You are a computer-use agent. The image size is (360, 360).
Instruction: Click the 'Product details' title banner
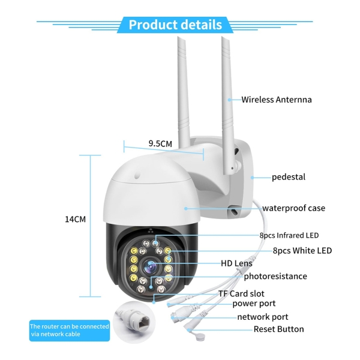[x=175, y=25]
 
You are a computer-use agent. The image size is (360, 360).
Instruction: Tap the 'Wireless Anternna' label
[x=277, y=100]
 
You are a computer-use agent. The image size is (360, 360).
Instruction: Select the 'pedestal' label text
[x=289, y=177]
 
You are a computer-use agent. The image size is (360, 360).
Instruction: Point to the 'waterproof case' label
[x=293, y=208]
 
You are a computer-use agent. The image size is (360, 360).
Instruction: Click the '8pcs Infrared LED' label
[x=289, y=235]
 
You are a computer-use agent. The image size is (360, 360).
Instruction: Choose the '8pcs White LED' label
[x=302, y=250]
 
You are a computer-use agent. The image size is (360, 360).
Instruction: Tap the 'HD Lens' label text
[x=236, y=263]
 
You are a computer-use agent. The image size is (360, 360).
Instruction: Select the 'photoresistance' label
[x=275, y=276]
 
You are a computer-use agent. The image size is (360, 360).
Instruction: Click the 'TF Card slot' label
[x=241, y=293]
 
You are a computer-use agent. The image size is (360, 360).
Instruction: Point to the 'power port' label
[x=254, y=304]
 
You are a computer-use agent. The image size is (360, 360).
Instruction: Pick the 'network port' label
[x=263, y=317]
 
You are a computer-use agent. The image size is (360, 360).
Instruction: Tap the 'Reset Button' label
[x=279, y=329]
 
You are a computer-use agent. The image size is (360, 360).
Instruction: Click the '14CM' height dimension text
[x=76, y=219]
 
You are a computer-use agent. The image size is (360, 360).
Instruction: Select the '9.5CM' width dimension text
[x=160, y=143]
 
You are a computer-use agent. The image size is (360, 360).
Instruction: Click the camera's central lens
[x=151, y=267]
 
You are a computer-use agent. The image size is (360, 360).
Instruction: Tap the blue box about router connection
[x=70, y=331]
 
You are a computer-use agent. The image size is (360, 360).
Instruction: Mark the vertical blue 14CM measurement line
[x=90, y=226]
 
